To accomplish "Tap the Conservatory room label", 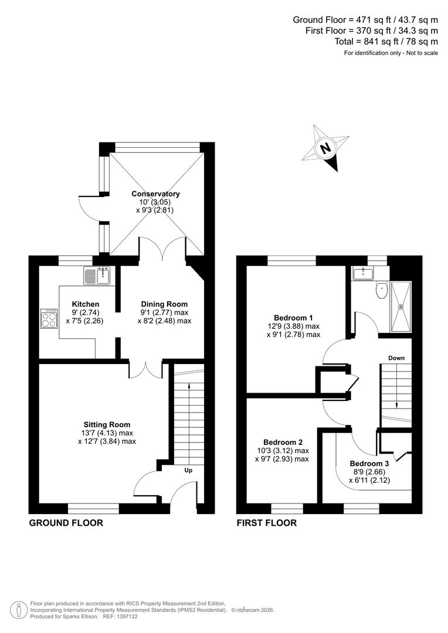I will click(x=155, y=194).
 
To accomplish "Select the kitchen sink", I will click(x=97, y=275).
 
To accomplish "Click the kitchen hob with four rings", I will click(x=49, y=319).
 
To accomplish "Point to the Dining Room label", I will click(x=164, y=304).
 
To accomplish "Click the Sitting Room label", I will click(x=107, y=424).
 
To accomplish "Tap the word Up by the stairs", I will click(x=189, y=470).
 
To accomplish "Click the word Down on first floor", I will click(x=396, y=358).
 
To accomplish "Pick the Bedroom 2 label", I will click(x=283, y=442).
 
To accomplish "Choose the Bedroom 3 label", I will click(x=369, y=462).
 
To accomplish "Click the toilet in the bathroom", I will click(x=382, y=290).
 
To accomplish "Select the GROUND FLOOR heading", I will click(x=66, y=523).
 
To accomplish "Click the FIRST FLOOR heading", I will click(x=266, y=523).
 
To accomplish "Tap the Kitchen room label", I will click(x=85, y=304).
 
